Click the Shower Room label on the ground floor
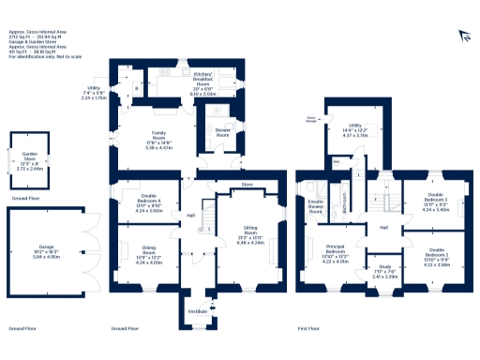click(x=222, y=134)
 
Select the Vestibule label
click(x=198, y=310)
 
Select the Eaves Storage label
click(x=310, y=119)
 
